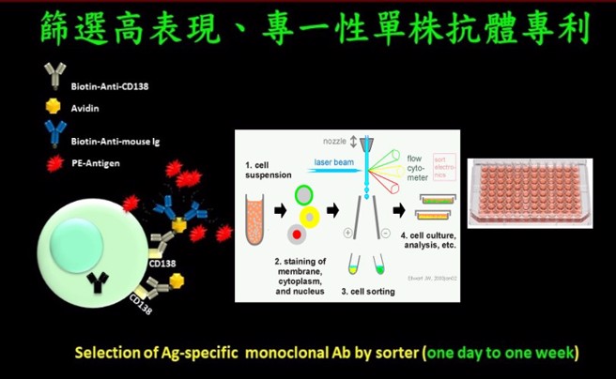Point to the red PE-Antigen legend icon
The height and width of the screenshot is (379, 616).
click(54, 163)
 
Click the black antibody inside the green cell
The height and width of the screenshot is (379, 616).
click(97, 279)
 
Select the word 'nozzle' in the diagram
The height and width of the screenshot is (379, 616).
click(333, 141)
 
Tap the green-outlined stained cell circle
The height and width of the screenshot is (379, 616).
click(304, 195)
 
